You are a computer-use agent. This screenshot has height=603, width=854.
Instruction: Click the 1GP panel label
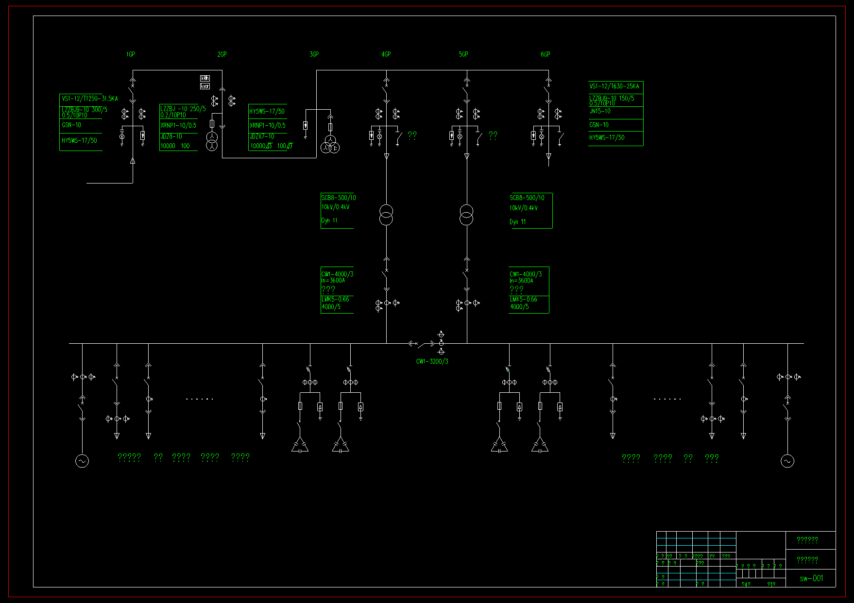130,54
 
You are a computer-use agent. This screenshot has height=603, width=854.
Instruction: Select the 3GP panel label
314,54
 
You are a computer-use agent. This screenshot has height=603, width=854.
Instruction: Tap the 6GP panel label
546,54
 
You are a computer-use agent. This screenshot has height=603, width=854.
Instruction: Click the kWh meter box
205,78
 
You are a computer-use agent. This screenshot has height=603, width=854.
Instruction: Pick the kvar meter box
205,86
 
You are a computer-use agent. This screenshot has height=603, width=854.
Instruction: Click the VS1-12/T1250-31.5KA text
89,99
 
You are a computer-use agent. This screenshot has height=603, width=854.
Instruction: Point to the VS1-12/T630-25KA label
614,86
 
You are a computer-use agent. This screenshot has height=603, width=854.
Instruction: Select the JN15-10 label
600,111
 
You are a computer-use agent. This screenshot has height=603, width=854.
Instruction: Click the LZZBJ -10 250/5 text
183,109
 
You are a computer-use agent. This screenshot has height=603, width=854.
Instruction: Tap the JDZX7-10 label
262,136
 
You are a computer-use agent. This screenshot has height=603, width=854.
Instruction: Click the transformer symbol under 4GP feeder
386,215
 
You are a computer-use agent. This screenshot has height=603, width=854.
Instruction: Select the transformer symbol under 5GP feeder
466,215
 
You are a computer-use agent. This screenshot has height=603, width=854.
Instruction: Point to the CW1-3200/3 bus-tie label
432,361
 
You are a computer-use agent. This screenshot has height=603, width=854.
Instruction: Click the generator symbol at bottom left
82,461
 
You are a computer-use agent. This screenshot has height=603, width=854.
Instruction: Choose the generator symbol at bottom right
787,461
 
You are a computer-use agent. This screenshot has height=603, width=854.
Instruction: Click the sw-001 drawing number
811,578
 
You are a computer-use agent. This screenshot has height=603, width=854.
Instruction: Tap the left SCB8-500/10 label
338,198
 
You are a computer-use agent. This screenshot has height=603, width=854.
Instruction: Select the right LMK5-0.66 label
523,300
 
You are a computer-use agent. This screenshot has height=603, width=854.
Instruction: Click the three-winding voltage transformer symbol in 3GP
331,145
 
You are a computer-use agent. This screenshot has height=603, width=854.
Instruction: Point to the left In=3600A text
333,281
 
